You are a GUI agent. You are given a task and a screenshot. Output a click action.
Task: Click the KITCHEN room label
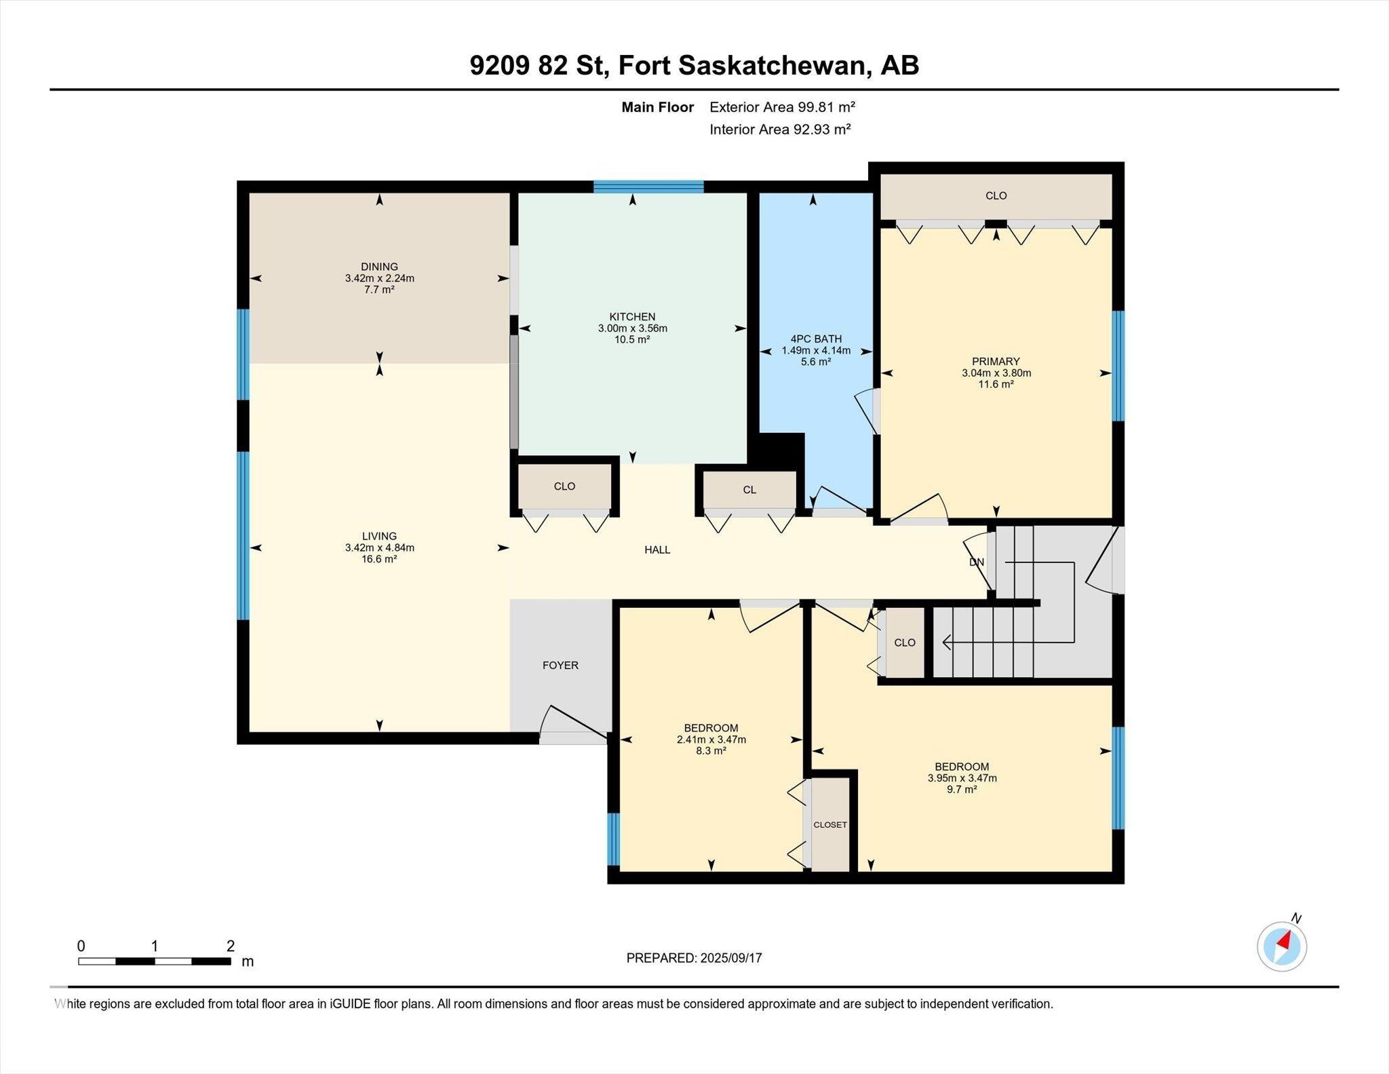click(632, 317)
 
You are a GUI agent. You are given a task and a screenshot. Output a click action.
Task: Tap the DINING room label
click(379, 267)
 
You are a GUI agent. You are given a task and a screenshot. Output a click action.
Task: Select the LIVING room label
click(379, 536)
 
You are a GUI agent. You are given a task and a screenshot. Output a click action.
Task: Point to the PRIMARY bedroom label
click(996, 362)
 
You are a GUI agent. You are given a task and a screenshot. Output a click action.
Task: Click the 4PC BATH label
click(816, 339)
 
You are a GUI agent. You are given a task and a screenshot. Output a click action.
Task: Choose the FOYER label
click(560, 666)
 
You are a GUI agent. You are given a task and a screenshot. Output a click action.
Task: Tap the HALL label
click(657, 550)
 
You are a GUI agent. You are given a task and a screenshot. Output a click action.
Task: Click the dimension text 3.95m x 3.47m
click(962, 778)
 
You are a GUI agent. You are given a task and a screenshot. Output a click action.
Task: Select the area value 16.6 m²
click(379, 559)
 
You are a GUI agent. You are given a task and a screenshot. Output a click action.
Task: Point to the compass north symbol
click(1282, 946)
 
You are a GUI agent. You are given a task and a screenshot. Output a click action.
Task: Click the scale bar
click(155, 961)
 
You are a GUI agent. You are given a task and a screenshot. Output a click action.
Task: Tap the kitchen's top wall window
click(648, 187)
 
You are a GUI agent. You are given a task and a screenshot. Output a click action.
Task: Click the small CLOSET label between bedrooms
click(830, 825)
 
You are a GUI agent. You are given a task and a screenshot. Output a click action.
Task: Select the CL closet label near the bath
click(749, 490)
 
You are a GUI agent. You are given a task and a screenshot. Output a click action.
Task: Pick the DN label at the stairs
click(977, 562)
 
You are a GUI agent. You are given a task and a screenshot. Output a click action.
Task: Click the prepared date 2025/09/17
click(732, 958)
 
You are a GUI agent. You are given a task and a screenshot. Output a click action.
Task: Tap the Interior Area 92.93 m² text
click(780, 130)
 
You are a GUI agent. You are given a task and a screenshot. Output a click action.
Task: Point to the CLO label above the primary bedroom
click(996, 195)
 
